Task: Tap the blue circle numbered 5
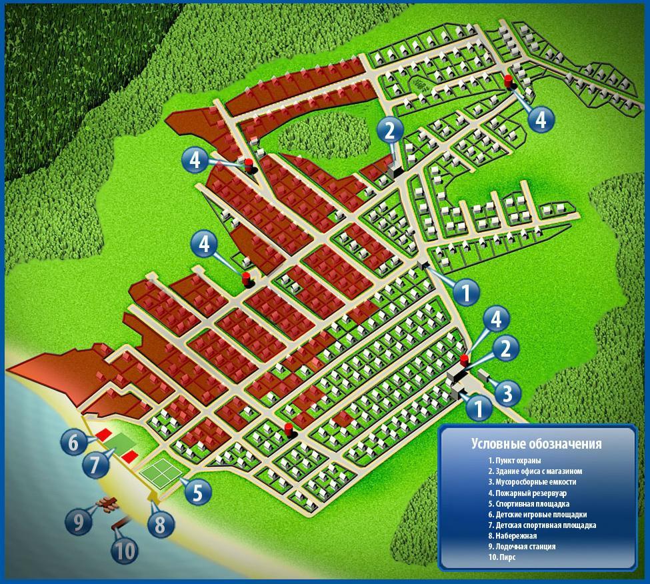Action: [x=198, y=491]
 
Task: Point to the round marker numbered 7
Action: [x=95, y=464]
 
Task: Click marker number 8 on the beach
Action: [x=161, y=524]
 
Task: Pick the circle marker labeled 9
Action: [x=79, y=522]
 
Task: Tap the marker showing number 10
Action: [x=125, y=551]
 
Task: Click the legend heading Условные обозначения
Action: [x=537, y=443]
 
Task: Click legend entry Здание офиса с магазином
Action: [x=535, y=471]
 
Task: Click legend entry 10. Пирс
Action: [x=502, y=557]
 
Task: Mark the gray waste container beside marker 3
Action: [x=484, y=375]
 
